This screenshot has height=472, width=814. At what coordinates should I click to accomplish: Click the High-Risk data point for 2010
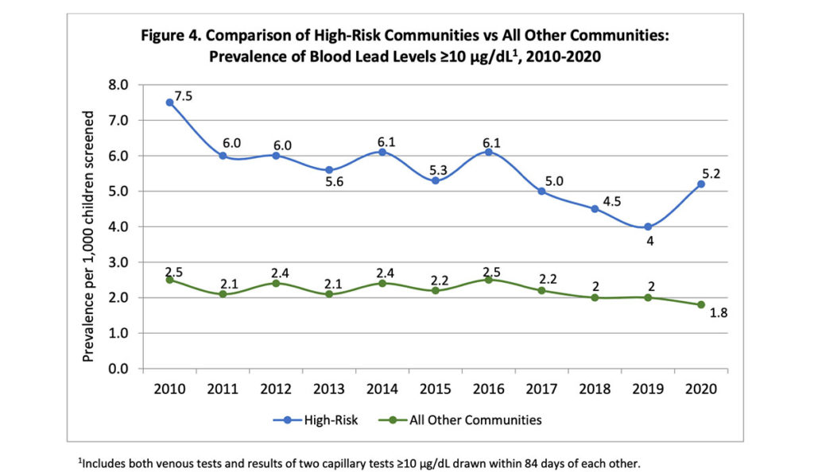click(x=169, y=103)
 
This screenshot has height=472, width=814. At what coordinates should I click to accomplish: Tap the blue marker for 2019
click(x=648, y=226)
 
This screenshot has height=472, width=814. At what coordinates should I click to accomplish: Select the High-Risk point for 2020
click(x=701, y=184)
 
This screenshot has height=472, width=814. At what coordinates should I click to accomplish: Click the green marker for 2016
click(x=488, y=280)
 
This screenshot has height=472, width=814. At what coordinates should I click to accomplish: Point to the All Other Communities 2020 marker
click(x=701, y=304)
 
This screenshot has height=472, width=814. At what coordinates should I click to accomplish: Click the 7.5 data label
click(x=184, y=96)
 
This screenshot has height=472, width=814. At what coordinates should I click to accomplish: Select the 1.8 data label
click(x=717, y=313)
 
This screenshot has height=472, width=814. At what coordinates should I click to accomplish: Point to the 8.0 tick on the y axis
click(x=118, y=85)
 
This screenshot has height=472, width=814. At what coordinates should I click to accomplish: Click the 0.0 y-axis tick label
click(x=118, y=369)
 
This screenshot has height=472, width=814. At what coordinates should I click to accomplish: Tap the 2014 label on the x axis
click(x=382, y=389)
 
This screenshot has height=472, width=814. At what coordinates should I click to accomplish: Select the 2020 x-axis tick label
click(x=701, y=389)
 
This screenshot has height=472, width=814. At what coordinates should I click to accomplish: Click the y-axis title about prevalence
click(x=89, y=237)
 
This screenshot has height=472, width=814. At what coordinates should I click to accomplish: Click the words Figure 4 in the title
click(x=176, y=37)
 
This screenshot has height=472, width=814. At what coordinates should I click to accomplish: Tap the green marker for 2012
click(x=276, y=283)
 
